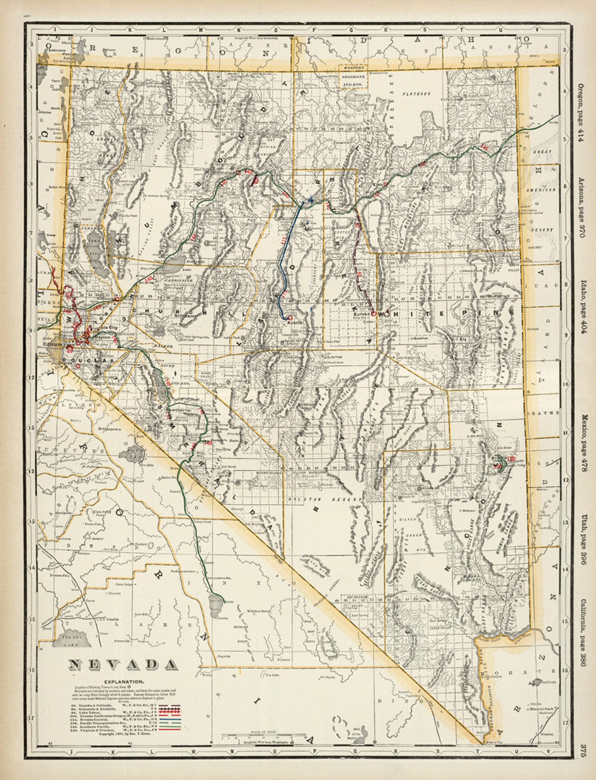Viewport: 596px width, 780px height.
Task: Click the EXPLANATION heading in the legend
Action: pyautogui.click(x=123, y=682)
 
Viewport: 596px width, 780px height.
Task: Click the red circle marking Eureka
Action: pyautogui.click(x=373, y=313)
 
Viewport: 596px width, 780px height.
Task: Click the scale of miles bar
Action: pyautogui.click(x=263, y=737)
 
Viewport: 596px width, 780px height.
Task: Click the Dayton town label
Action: pyautogui.click(x=102, y=338)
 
